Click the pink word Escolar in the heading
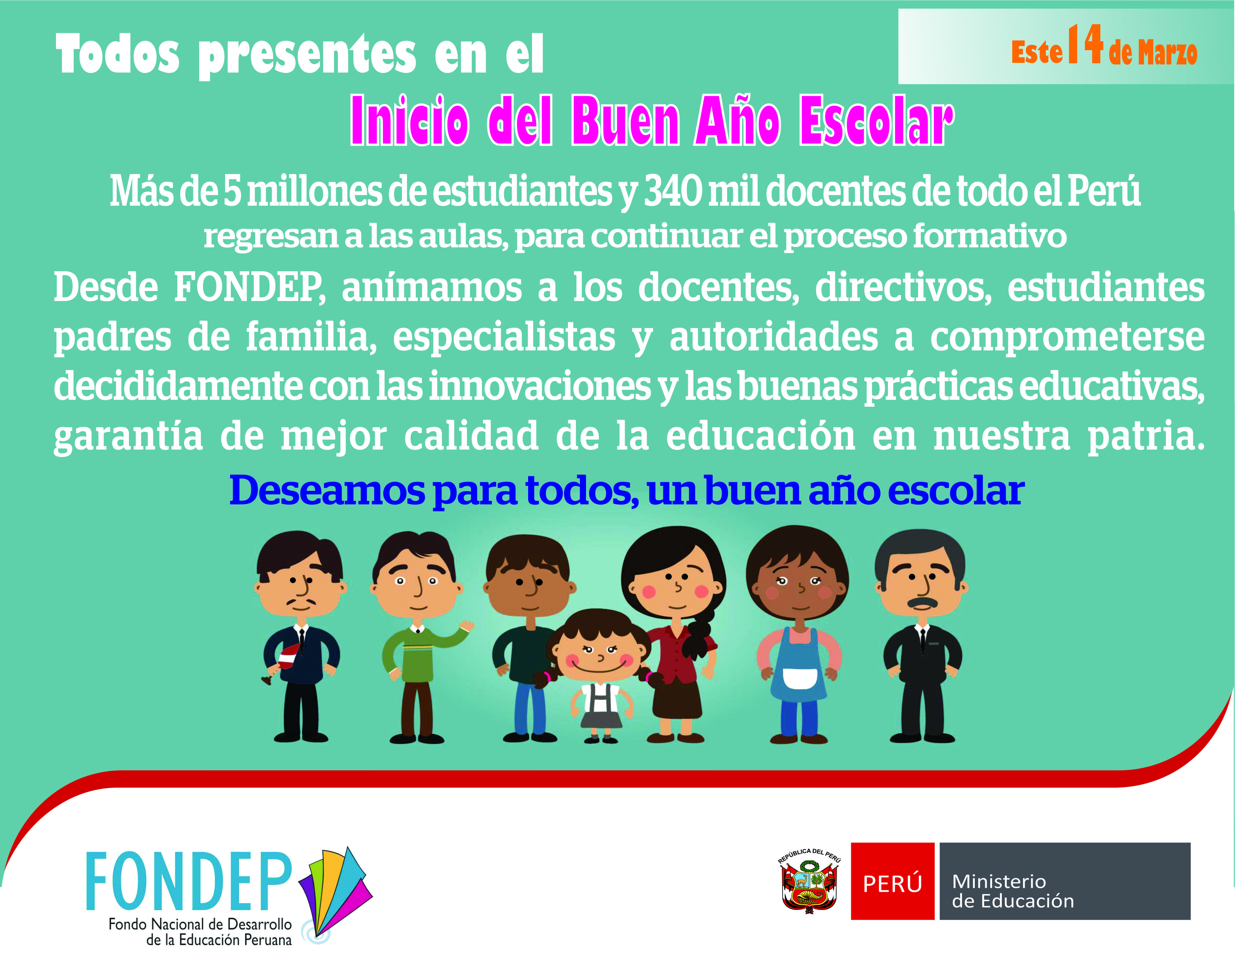(x=876, y=120)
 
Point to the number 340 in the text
(x=673, y=191)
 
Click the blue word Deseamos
(x=327, y=490)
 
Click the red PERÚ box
(x=892, y=881)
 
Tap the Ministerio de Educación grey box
(x=1065, y=881)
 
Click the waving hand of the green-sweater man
(x=466, y=626)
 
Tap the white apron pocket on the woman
(x=799, y=678)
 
